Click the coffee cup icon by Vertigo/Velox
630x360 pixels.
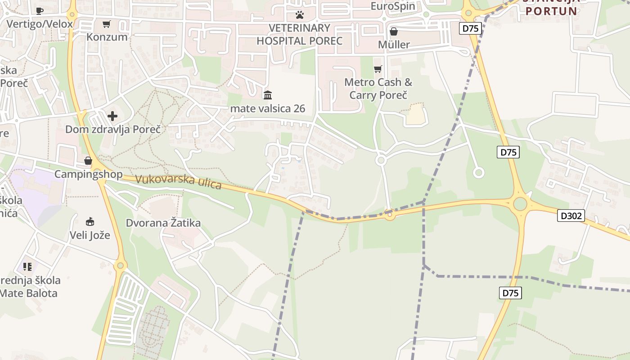(x=40, y=11)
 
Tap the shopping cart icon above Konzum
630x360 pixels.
(x=107, y=24)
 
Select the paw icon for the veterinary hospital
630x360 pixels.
(x=300, y=15)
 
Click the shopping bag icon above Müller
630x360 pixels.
(x=394, y=31)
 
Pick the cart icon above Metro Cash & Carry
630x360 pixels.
(x=378, y=69)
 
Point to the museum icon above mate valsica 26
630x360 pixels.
(x=268, y=95)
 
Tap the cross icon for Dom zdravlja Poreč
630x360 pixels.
(x=112, y=116)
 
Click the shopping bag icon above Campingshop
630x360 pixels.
(x=88, y=161)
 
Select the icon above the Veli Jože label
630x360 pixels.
(x=90, y=221)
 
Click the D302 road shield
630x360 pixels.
(x=571, y=216)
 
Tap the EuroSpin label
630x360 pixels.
(x=393, y=6)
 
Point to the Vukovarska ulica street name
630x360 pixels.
(x=178, y=181)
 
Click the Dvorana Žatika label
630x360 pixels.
(x=163, y=223)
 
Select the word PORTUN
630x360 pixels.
(x=551, y=11)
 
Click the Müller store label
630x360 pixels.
(x=394, y=45)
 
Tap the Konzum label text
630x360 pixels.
(x=107, y=37)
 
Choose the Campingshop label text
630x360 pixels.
(x=89, y=174)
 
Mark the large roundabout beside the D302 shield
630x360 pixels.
(x=520, y=204)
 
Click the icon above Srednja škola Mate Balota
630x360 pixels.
(x=28, y=267)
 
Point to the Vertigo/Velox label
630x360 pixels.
(x=40, y=24)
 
